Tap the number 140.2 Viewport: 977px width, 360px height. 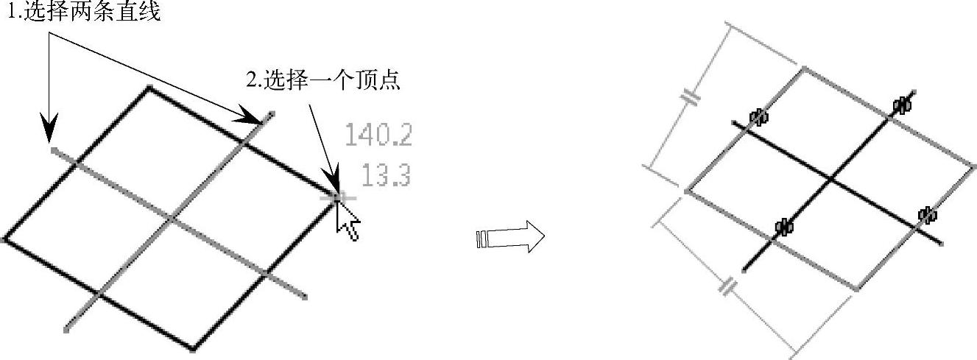pos(378,135)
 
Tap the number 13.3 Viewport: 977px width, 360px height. pos(386,177)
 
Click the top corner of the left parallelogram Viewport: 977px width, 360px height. pos(149,88)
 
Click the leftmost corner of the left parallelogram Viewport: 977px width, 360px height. pos(6,239)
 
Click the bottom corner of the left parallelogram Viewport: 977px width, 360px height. pos(193,349)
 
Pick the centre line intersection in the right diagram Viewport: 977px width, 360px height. pos(830,178)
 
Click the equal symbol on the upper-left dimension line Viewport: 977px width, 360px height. pos(691,96)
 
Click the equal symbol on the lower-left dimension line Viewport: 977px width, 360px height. pos(727,286)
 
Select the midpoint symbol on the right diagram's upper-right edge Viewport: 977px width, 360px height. pos(901,105)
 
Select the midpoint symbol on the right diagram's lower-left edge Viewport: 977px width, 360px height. pos(784,226)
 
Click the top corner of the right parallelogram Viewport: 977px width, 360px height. pos(803,68)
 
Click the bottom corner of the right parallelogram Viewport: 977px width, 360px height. pos(857,289)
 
